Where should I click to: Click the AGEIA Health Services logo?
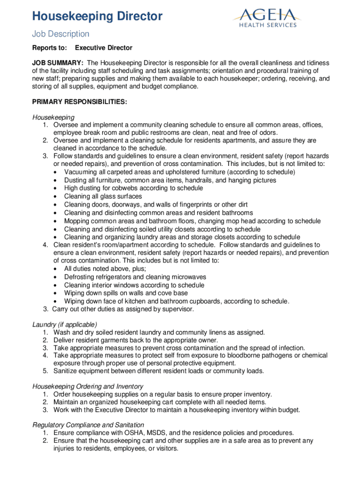click(265, 17)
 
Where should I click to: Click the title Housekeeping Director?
click(97, 17)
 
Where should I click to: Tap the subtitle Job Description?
click(61, 34)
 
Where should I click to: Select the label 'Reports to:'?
click(49, 48)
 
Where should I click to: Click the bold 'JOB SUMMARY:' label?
click(58, 63)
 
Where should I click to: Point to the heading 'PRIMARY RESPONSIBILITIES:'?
click(79, 102)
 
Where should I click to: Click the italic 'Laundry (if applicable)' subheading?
click(64, 324)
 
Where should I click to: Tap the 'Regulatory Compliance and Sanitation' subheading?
click(88, 425)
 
